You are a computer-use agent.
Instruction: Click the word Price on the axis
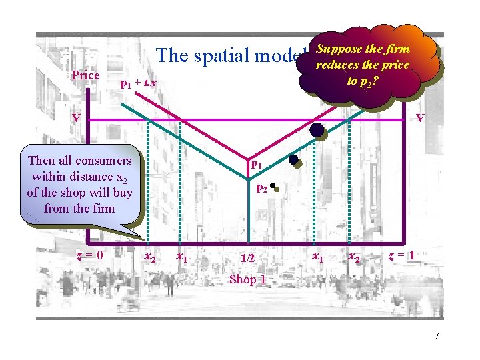(85, 75)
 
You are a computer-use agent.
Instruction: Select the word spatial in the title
(224, 55)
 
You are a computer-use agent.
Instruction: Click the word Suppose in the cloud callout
(339, 49)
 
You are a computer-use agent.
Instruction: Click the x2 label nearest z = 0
(151, 258)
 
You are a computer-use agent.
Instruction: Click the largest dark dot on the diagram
(316, 129)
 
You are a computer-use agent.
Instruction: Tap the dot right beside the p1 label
(293, 160)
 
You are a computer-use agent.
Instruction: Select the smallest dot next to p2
(274, 189)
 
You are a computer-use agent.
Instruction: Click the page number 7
(436, 336)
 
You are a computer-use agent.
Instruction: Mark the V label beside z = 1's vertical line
(420, 118)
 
